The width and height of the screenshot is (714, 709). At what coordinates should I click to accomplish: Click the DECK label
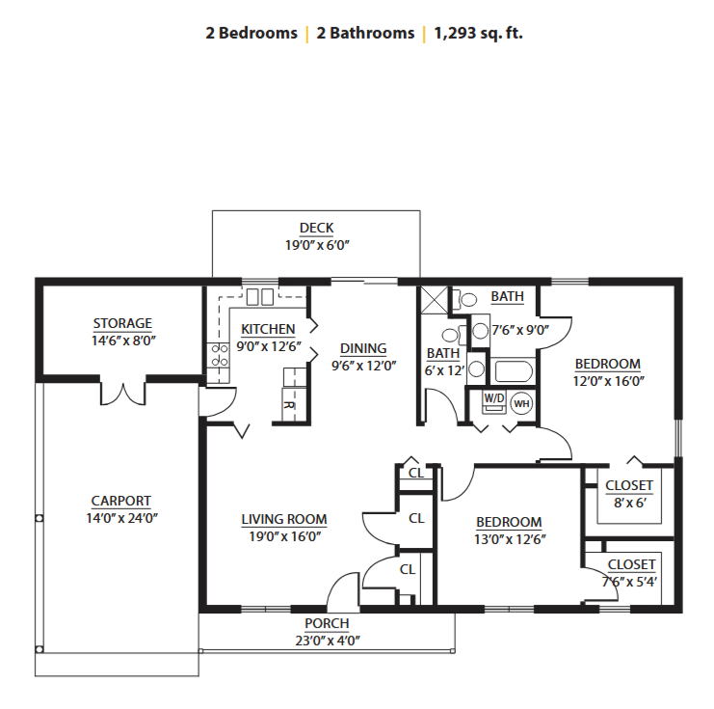coord(316,228)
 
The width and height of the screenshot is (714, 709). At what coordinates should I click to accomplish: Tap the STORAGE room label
coord(122,323)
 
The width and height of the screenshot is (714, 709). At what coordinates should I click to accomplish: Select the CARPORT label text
coord(121,501)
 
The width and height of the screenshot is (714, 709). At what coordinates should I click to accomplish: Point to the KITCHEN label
coord(268,329)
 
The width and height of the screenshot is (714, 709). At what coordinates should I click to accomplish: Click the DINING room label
coord(363,348)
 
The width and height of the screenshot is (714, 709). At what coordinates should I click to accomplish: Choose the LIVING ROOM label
coord(284,519)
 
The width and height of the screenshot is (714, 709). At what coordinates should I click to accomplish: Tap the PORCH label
coord(327,623)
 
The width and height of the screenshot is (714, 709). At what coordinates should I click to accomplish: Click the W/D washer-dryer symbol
coord(494,402)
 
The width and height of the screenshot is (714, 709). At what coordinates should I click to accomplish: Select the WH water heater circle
coord(521,403)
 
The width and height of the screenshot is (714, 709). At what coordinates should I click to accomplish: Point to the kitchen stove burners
coord(219,356)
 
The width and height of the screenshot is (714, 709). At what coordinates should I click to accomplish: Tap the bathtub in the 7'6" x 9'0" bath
coord(514,371)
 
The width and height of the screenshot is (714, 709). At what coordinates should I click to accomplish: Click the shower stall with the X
coord(435,300)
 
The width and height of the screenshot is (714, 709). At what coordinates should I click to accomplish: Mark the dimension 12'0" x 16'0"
coord(608,381)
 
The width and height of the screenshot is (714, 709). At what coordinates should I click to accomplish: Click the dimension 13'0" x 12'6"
coord(510,539)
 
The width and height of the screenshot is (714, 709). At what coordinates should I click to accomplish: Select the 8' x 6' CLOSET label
coord(629,485)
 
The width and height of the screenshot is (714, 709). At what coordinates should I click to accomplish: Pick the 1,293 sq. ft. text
coord(479,33)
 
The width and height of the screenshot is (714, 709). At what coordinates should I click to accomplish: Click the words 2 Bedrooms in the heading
coord(251,33)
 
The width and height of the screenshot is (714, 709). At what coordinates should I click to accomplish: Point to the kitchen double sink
coord(260,297)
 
